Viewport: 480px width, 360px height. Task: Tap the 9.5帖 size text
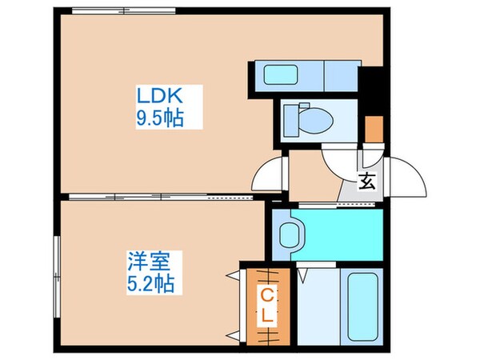coord(160,118)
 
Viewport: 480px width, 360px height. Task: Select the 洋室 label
coord(144,262)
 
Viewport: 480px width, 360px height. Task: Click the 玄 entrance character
coord(367,181)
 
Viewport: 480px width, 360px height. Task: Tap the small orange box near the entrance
coord(374,127)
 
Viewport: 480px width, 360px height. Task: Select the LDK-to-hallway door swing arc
coord(270,171)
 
